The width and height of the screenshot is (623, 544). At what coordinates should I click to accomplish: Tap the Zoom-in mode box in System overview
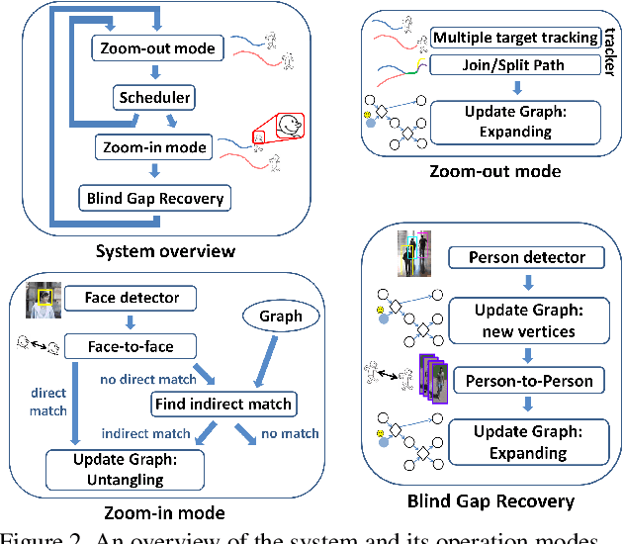tap(154, 147)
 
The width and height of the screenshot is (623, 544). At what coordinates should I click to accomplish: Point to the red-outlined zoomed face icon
tap(287, 126)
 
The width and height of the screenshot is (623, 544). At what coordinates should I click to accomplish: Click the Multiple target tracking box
tap(514, 39)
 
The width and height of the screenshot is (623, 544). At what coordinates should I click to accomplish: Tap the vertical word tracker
tap(606, 54)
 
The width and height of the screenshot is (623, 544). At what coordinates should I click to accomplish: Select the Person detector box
tap(526, 257)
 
